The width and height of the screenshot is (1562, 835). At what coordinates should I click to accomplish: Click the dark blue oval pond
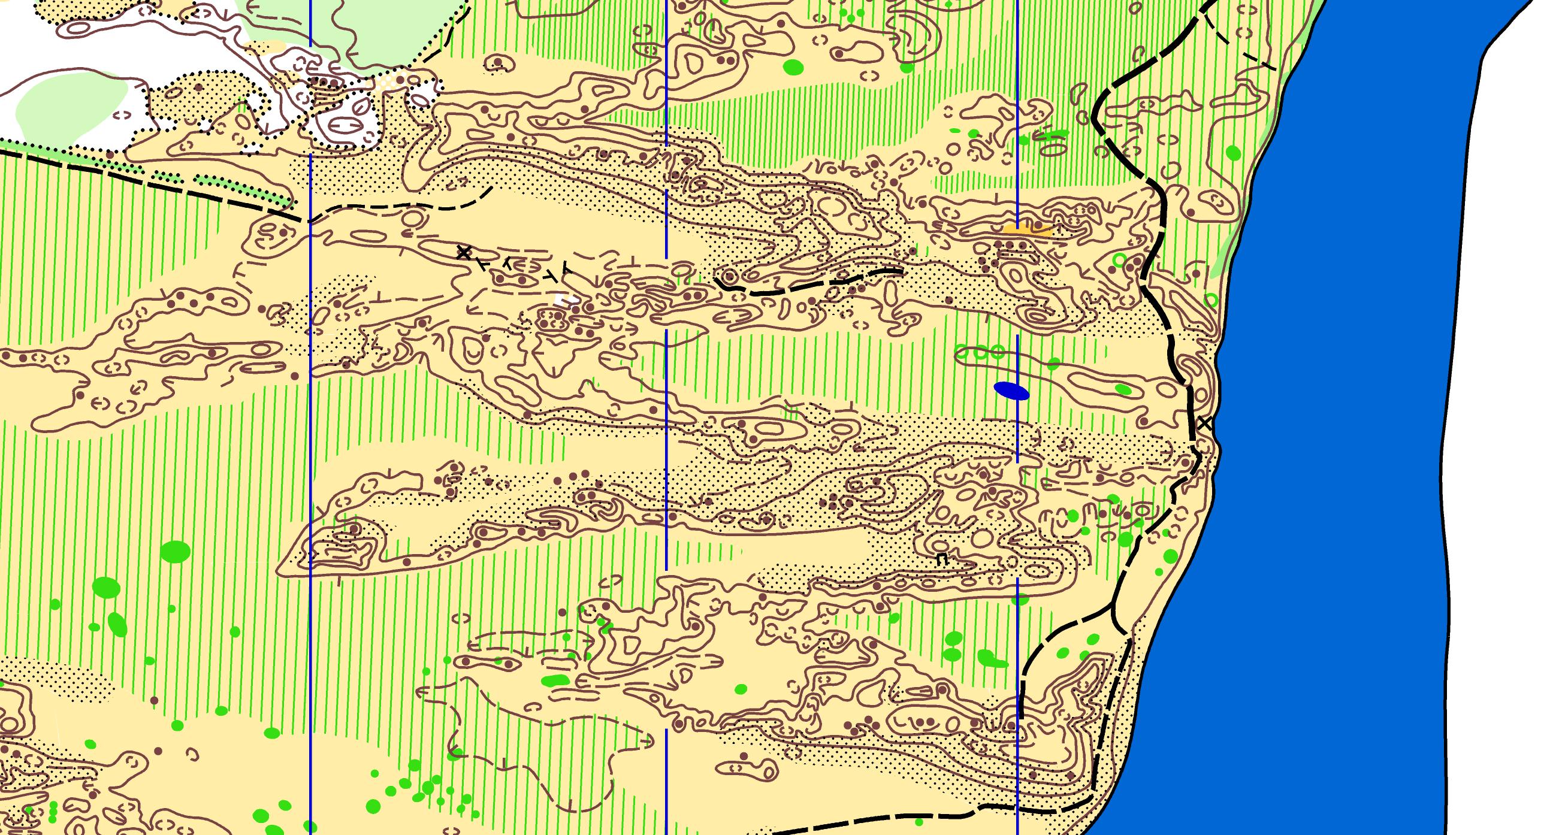point(1011,391)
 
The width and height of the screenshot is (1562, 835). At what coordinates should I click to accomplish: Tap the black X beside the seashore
point(1205,423)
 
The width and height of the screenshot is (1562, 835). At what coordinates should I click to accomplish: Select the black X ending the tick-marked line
point(464,252)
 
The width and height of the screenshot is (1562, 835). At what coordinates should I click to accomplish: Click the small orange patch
point(1026,229)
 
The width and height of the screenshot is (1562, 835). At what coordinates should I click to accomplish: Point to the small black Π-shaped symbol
point(941,559)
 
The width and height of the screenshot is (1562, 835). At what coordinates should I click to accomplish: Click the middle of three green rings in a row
point(980,353)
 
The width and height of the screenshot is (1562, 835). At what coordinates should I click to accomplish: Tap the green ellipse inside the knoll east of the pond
point(1122,389)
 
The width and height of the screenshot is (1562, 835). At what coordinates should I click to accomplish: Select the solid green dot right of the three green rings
point(1053,364)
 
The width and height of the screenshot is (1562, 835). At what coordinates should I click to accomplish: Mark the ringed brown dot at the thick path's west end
point(729,277)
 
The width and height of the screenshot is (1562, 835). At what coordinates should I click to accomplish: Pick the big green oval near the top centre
point(793,65)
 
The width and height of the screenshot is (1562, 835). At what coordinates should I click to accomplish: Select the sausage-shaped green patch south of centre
point(555,680)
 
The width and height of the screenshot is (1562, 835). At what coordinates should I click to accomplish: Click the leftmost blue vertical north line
point(310,425)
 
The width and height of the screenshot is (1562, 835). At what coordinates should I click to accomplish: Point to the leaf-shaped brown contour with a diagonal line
point(362,108)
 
